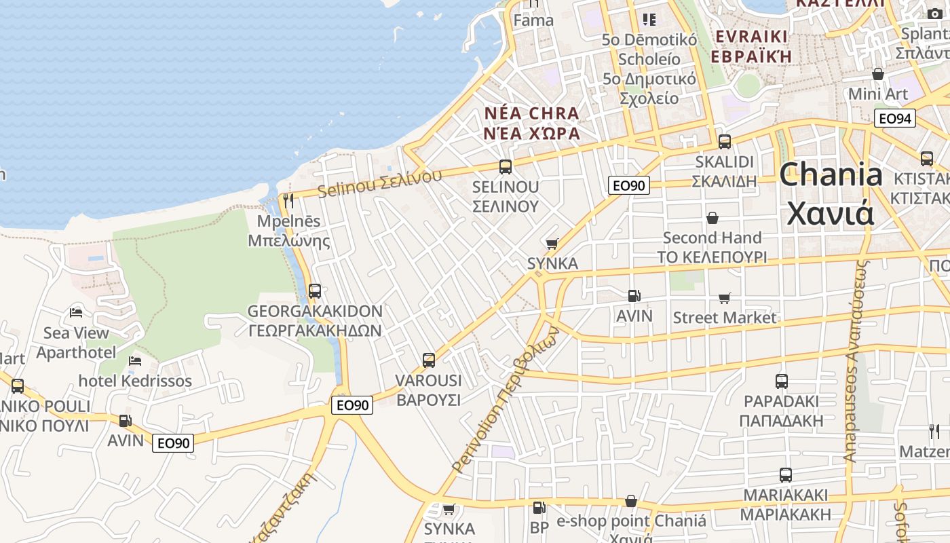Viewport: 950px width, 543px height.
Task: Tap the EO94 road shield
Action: coord(895,119)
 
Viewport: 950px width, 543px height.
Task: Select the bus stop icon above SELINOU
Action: coord(505,167)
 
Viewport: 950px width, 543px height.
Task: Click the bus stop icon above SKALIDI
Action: coord(725,142)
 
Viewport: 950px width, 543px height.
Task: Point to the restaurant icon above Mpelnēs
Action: coord(288,201)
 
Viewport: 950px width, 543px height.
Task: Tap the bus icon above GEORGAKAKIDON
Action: coord(315,291)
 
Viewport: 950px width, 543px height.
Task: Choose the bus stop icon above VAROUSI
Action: coord(429,360)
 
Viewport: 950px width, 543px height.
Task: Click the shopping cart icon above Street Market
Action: coord(725,298)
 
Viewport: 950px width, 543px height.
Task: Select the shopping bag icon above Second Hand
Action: coord(712,218)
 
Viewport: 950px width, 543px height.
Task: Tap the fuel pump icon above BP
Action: coord(539,507)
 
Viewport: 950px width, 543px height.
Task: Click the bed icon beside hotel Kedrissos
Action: coord(135,360)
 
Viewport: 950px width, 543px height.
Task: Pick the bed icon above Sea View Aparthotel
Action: coord(76,312)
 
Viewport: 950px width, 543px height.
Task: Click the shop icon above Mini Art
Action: coord(878,74)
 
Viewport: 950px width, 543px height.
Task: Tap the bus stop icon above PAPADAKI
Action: coord(782,381)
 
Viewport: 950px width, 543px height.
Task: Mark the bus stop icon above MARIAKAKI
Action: coord(786,475)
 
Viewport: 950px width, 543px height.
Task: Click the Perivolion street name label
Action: coord(505,400)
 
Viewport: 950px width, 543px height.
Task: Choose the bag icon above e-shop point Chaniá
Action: coord(631,502)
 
